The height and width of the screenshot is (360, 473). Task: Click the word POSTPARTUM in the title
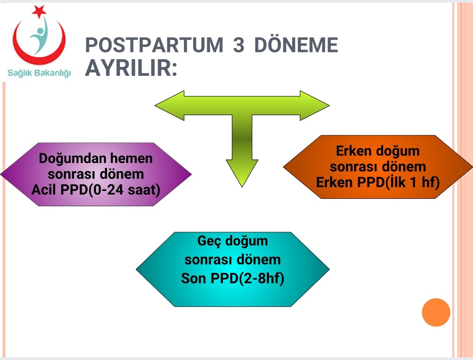click(x=154, y=45)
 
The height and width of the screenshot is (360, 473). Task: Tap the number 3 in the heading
click(x=239, y=45)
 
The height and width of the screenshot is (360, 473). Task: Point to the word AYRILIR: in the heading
click(x=131, y=68)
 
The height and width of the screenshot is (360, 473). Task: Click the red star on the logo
click(x=39, y=11)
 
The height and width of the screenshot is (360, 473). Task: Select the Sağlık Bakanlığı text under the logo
click(x=39, y=73)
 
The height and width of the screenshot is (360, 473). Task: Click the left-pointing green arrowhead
click(x=169, y=106)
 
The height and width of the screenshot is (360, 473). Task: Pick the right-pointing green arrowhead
click(x=314, y=106)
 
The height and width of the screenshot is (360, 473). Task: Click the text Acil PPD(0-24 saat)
click(x=95, y=190)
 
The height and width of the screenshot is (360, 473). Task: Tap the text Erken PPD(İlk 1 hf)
click(x=378, y=182)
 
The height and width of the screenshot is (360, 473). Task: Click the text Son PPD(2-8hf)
click(x=233, y=278)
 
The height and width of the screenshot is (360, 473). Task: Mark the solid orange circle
click(x=436, y=312)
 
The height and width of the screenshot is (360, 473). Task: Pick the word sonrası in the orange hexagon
click(x=352, y=166)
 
